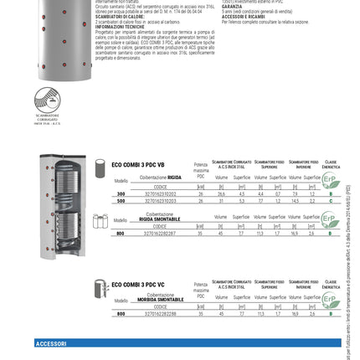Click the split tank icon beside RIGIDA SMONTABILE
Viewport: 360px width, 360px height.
coord(100,223)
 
